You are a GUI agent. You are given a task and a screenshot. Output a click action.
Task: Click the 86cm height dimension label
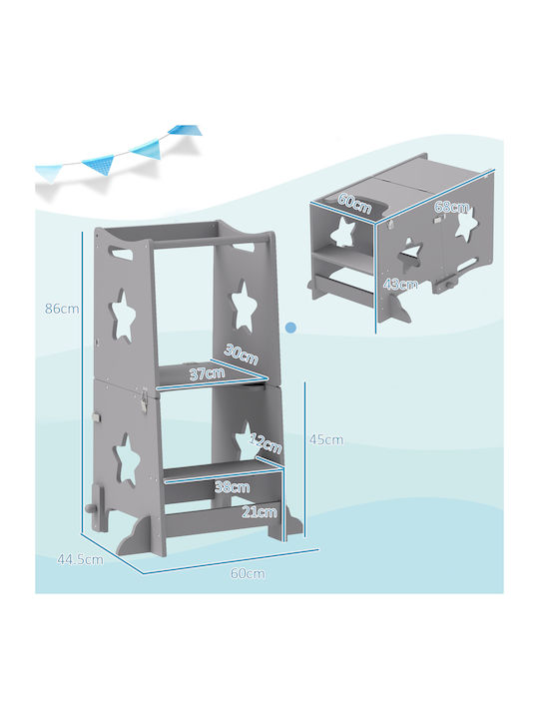click(62, 309)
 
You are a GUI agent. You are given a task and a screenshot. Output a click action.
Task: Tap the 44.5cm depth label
click(80, 559)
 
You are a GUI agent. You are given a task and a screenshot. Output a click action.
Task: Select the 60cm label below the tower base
click(248, 573)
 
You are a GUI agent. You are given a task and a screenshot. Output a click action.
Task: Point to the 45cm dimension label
click(325, 439)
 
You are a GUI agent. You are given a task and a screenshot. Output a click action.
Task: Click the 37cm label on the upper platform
click(208, 373)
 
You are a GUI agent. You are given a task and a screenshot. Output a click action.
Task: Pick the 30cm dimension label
click(242, 354)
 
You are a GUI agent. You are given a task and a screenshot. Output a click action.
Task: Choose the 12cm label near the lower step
click(266, 443)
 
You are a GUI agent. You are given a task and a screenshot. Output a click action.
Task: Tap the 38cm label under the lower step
click(232, 486)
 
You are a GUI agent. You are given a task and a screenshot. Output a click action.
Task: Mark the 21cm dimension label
click(260, 511)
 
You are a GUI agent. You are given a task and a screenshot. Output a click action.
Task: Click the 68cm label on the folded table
click(452, 208)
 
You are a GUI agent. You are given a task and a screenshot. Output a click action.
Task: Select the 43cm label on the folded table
click(400, 285)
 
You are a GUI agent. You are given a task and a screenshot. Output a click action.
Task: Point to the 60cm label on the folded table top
click(354, 203)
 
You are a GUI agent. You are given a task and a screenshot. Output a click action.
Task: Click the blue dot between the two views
click(290, 328)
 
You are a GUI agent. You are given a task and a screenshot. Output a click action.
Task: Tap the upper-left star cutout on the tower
click(123, 316)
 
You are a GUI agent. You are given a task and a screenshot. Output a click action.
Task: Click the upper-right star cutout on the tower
click(243, 306)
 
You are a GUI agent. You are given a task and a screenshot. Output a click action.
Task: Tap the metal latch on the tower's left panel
click(145, 398)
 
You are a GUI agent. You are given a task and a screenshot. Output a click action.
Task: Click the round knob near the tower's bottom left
click(88, 510)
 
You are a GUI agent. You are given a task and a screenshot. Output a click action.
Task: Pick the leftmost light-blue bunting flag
click(48, 174)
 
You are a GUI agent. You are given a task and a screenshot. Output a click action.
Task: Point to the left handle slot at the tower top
click(124, 252)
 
